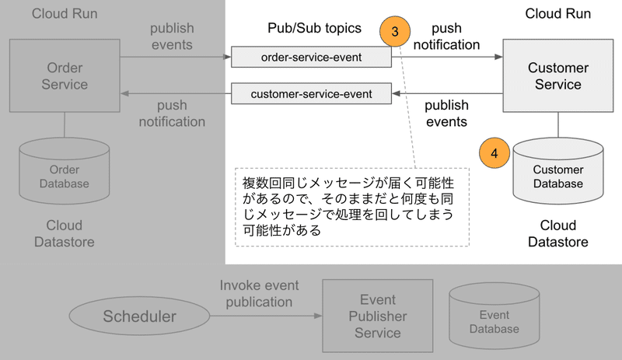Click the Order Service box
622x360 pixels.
click(x=65, y=75)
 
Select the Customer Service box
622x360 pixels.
click(x=557, y=76)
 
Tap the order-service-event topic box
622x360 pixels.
click(x=311, y=57)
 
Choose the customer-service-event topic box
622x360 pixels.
click(x=311, y=94)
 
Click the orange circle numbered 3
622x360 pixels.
click(x=395, y=33)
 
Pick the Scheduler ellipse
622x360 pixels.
click(x=140, y=317)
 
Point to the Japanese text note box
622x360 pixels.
click(x=351, y=206)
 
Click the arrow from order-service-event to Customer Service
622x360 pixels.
click(x=447, y=57)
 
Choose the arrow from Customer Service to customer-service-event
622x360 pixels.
click(x=447, y=94)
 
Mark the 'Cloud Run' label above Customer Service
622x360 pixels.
click(x=557, y=14)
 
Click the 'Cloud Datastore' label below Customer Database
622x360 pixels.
click(x=557, y=233)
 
